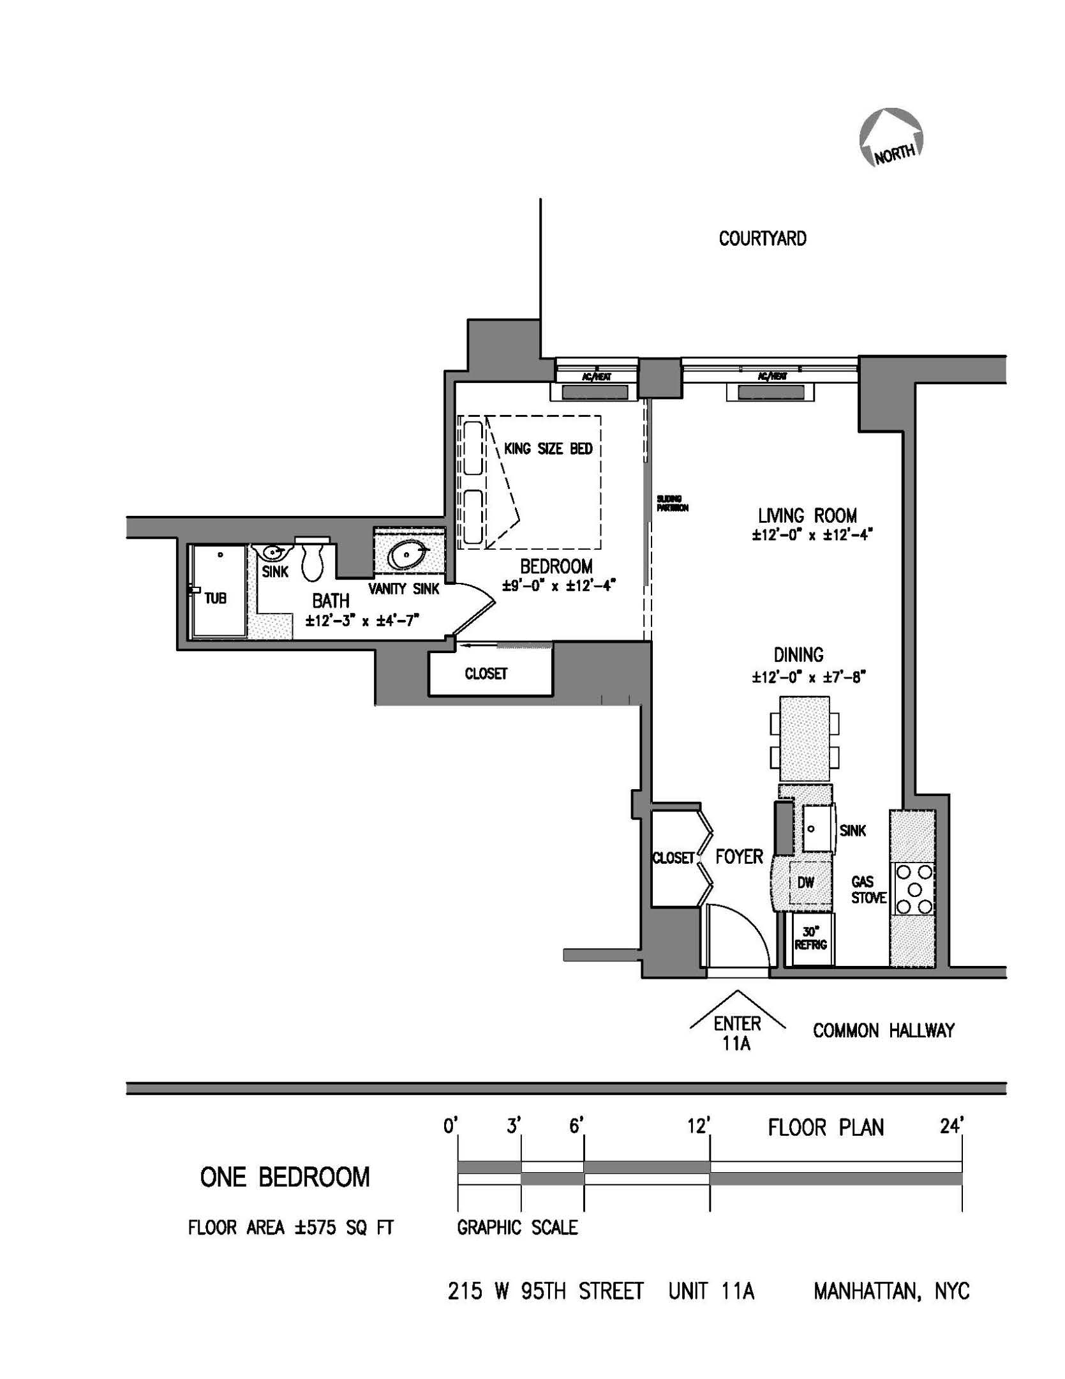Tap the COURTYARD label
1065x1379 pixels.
pos(762,239)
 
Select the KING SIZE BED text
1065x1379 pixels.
pos(548,449)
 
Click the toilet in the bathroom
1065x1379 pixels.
pos(313,560)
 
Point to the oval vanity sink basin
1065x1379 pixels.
pos(408,555)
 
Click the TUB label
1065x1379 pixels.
pos(215,599)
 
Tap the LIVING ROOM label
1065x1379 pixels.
pos(807,515)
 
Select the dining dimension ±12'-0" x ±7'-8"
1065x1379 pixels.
pos(807,677)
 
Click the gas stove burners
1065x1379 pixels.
pos(915,889)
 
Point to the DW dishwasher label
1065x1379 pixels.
pos(806,883)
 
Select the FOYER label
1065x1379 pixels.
pos(739,857)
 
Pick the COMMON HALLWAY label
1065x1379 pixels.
pos(883,1030)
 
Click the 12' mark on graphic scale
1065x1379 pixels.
pos(699,1127)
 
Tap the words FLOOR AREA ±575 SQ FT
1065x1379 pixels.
pos(290,1228)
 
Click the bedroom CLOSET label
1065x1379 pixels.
pos(486,674)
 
